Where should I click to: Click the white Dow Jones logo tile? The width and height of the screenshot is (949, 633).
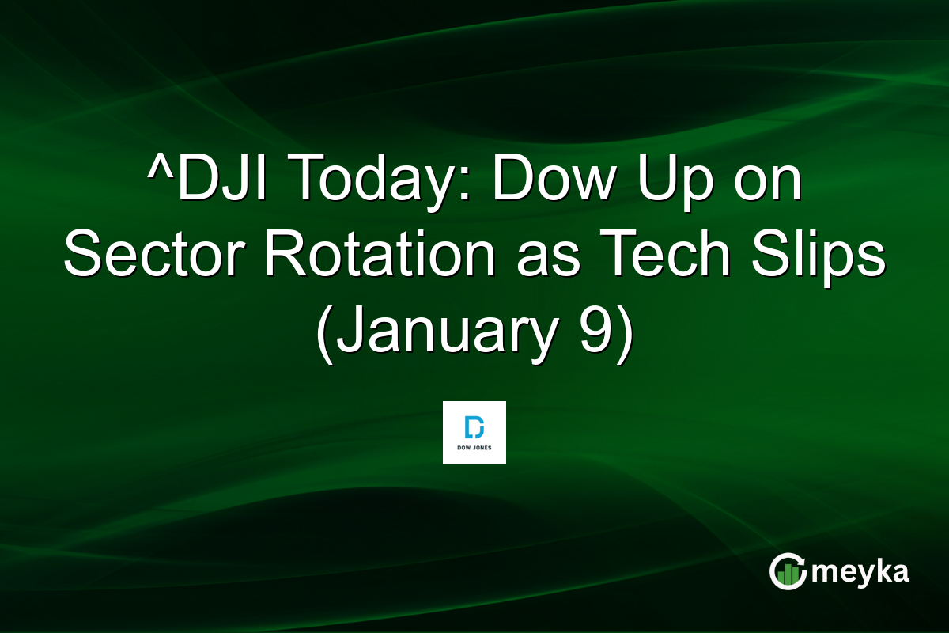(474, 433)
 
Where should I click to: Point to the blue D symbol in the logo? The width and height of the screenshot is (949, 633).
(474, 427)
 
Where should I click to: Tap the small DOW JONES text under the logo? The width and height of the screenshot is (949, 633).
(474, 449)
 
